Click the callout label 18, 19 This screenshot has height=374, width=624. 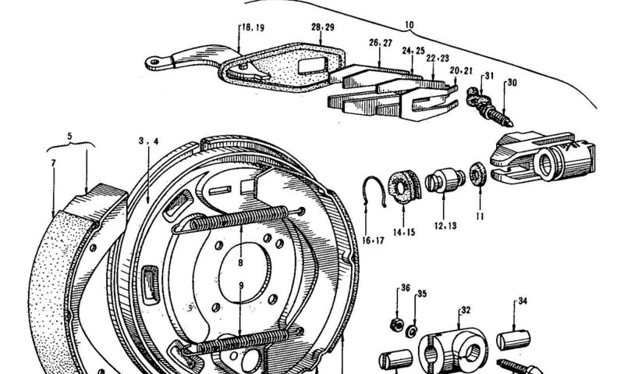pos(253,27)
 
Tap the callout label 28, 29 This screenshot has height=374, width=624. pos(323,27)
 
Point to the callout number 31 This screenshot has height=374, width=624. pos(489,76)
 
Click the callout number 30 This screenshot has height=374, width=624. pos(512,83)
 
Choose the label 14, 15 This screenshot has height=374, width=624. pos(405,232)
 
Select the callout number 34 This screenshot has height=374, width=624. pos(523,300)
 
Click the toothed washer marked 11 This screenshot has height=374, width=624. pos(476,173)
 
